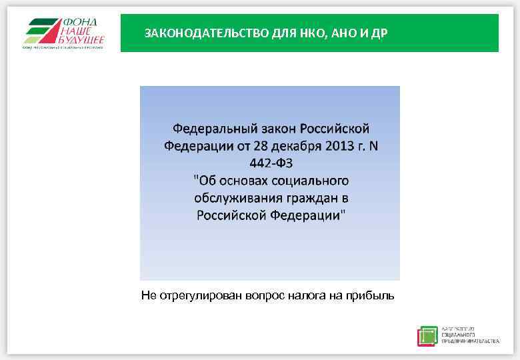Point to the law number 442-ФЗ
coord(270,163)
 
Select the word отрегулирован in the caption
coord(201,295)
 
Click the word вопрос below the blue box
coord(265,295)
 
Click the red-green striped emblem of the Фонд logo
coord(41,31)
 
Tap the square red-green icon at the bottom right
coord(427,336)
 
